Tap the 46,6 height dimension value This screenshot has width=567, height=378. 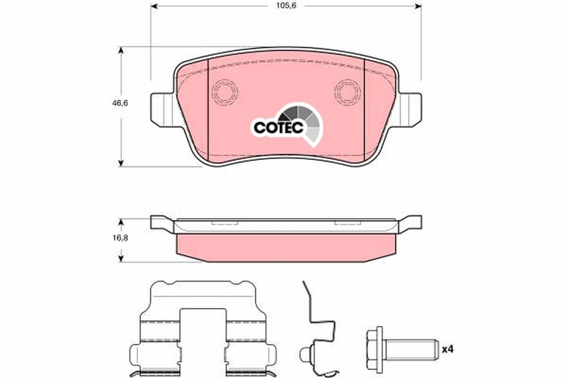click(x=120, y=103)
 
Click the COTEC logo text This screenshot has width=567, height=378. click(x=278, y=127)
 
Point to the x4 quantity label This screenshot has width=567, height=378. click(x=448, y=350)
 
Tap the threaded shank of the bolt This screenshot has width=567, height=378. click(x=409, y=350)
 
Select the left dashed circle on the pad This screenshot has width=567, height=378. click(x=225, y=92)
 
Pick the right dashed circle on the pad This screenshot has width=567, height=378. click(x=348, y=92)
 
